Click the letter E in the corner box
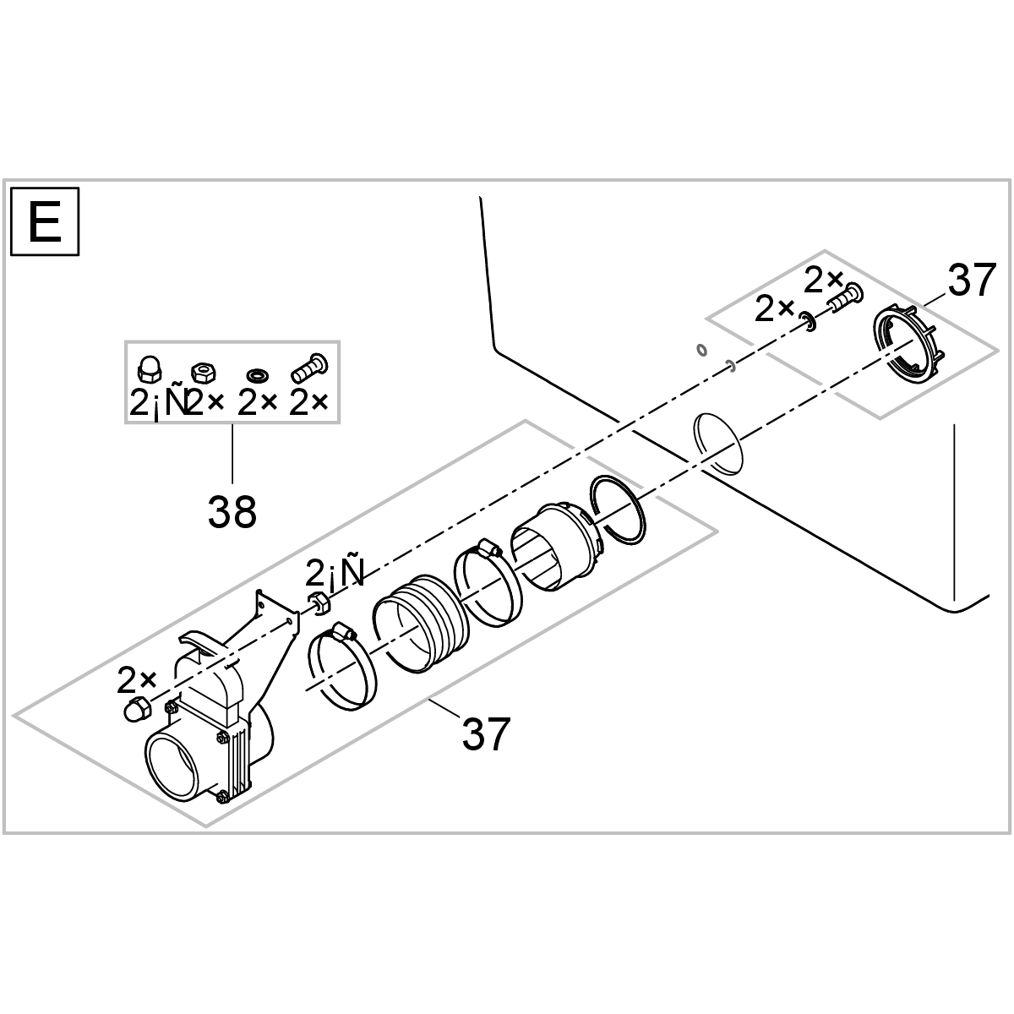[x=44, y=222]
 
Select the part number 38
[x=232, y=510]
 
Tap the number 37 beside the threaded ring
[x=971, y=281]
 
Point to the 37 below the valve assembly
[x=486, y=733]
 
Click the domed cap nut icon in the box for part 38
[x=148, y=368]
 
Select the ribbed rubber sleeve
[x=422, y=621]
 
